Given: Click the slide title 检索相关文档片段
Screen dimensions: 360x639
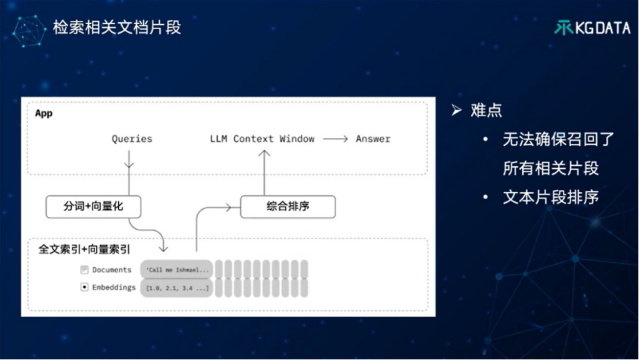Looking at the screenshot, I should pyautogui.click(x=117, y=28).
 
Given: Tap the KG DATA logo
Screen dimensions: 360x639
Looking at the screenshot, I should pyautogui.click(x=592, y=28).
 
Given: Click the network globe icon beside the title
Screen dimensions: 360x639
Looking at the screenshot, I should pyautogui.click(x=29, y=31).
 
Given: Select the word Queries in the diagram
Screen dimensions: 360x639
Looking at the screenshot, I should pyautogui.click(x=132, y=139).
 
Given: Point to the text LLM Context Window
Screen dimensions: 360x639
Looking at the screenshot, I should pyautogui.click(x=262, y=139).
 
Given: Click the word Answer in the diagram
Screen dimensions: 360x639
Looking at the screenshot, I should pyautogui.click(x=373, y=139).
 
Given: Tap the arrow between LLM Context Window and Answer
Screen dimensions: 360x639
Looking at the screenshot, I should pyautogui.click(x=335, y=139).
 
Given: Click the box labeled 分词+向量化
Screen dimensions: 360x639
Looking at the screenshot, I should pyautogui.click(x=93, y=207).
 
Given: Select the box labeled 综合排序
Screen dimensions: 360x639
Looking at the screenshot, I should pyautogui.click(x=288, y=207).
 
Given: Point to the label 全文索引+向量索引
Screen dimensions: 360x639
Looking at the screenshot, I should pyautogui.click(x=85, y=249).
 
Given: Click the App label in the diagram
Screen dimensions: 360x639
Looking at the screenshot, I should pyautogui.click(x=44, y=113).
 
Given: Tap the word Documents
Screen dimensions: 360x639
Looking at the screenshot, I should pyautogui.click(x=112, y=270).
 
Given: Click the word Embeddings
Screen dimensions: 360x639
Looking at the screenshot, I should pyautogui.click(x=114, y=287).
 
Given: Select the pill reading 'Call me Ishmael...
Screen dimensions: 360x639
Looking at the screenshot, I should pyautogui.click(x=176, y=270).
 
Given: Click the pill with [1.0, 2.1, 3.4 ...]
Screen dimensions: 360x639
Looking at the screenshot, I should pyautogui.click(x=176, y=288).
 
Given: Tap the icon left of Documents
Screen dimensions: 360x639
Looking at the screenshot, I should pyautogui.click(x=85, y=270).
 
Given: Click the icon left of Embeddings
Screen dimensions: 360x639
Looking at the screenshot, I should pyautogui.click(x=85, y=287).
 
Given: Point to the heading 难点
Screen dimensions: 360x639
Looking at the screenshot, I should pyautogui.click(x=486, y=110).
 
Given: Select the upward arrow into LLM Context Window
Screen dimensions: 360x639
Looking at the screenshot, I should pyautogui.click(x=264, y=172).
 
